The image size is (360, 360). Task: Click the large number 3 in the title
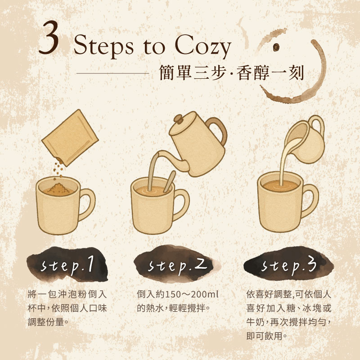coord(49,37)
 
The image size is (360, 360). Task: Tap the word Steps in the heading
coord(103,46)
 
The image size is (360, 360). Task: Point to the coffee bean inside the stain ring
coord(276,47)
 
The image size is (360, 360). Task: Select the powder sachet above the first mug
coord(70,137)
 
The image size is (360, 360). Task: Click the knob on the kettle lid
coord(178,119)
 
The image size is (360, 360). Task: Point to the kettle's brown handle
coord(218,130)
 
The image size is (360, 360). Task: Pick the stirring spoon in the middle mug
coord(170,182)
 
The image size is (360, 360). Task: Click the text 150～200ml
coord(192,294)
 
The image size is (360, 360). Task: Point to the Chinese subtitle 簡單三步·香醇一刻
coord(231,72)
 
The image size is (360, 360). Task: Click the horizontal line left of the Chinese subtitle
coord(113,73)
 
